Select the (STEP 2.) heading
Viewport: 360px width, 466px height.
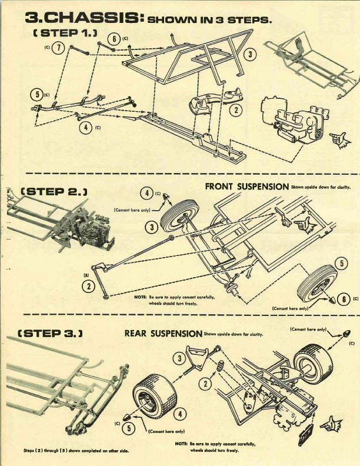pos(54,191)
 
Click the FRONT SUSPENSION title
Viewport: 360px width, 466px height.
pos(246,186)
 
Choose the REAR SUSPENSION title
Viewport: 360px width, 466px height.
pos(163,333)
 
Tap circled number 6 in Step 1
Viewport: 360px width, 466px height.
pos(115,39)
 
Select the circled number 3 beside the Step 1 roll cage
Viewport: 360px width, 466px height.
pos(251,55)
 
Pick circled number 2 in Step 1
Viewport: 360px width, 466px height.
pos(236,109)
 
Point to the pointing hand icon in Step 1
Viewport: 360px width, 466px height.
pos(339,139)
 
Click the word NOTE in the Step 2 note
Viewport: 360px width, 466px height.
pos(139,297)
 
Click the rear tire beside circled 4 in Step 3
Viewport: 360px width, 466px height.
pos(154,400)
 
